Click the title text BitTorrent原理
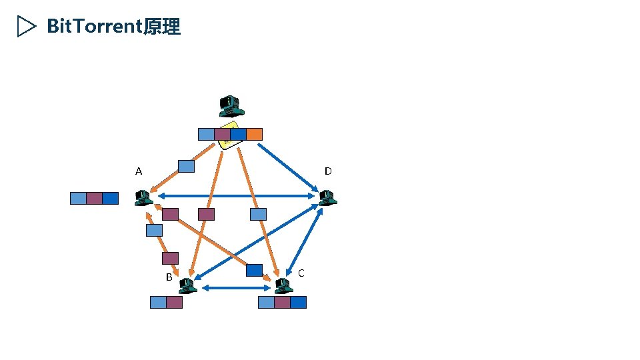coord(113,27)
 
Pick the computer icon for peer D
coord(326,197)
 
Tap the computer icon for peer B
coord(187,286)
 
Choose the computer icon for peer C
coord(284,286)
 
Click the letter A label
coord(139,171)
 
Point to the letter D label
coord(328,171)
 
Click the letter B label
coord(169,277)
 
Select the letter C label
coord(301,273)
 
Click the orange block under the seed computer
coord(254,134)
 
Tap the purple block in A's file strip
coord(94,198)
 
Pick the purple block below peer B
coord(174,302)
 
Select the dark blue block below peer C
coord(298,302)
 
